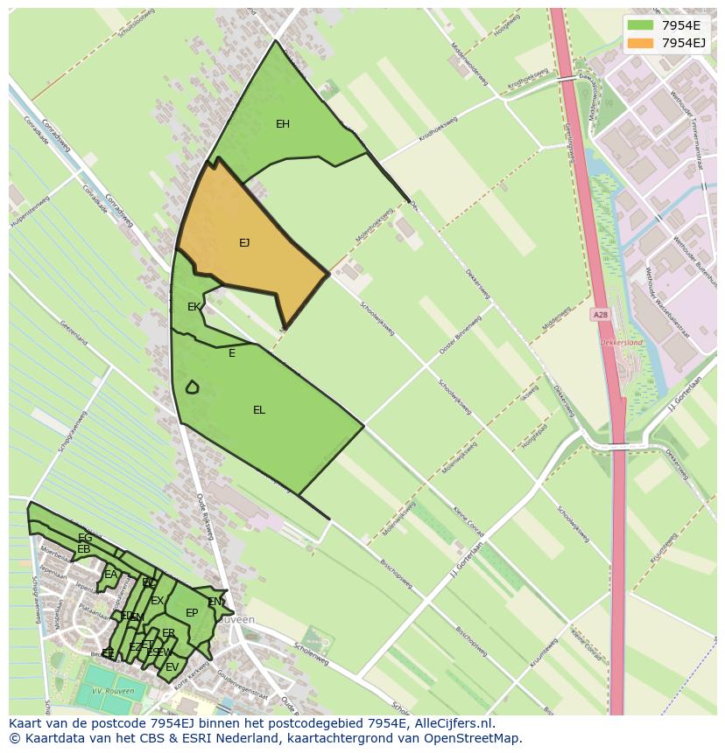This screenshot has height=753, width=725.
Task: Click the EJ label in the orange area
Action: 244,243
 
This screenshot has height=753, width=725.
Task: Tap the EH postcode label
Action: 283,124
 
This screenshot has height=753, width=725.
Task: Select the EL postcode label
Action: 259,410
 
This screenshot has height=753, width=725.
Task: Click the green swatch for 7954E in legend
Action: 640,25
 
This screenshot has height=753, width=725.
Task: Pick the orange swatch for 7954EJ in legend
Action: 640,42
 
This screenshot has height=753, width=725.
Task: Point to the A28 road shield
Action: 600,315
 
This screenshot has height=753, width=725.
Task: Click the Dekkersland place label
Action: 621,343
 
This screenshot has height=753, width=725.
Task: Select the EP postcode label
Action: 192,613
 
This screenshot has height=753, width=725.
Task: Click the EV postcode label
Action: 172,667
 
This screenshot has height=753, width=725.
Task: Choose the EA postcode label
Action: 110,575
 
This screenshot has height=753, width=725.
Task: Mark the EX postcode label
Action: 157,601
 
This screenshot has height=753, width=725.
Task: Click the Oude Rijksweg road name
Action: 205,515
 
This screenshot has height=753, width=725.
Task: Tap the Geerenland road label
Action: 74,331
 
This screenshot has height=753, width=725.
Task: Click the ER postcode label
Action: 169,633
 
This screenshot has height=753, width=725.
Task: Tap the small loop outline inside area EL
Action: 192,387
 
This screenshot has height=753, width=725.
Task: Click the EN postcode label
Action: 215,602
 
